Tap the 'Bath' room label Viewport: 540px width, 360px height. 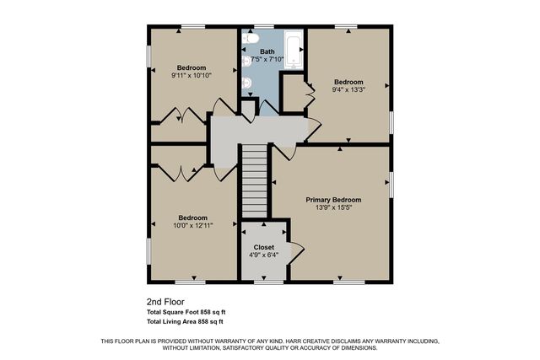pyautogui.click(x=267, y=51)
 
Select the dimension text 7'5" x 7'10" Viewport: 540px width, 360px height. pyautogui.click(x=267, y=59)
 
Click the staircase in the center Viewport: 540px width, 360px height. pyautogui.click(x=255, y=182)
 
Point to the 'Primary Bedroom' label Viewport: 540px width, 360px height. pyautogui.click(x=333, y=200)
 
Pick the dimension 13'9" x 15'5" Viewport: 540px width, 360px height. pyautogui.click(x=333, y=207)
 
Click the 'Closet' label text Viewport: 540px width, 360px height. pyautogui.click(x=263, y=247)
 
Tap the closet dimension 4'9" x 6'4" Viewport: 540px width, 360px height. pyautogui.click(x=263, y=255)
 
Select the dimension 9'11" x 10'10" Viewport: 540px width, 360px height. pyautogui.click(x=192, y=75)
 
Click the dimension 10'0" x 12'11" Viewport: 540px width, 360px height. pyautogui.click(x=192, y=225)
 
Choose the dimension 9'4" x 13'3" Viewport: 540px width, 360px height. pyautogui.click(x=348, y=89)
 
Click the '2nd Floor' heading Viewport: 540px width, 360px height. pyautogui.click(x=165, y=301)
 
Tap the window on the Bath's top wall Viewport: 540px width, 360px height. pyautogui.click(x=264, y=26)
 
